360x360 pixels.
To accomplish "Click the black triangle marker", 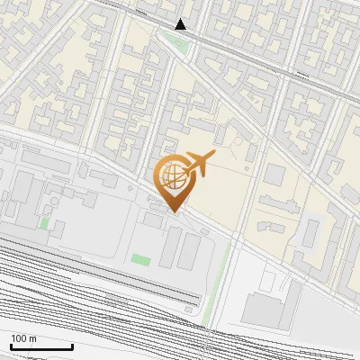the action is pyautogui.click(x=181, y=24).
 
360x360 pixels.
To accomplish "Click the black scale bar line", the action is pyautogui.click(x=41, y=346).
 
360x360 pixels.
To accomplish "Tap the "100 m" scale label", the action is pyautogui.click(x=24, y=338).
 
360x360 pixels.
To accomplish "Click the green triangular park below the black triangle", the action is pyautogui.click(x=176, y=40).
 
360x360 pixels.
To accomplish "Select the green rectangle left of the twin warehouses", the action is pyautogui.click(x=140, y=259).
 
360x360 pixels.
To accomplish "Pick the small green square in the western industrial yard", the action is pyautogui.click(x=44, y=222).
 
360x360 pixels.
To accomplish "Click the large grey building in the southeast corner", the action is pyautogui.click(x=266, y=309).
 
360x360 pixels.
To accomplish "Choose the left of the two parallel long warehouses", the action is pyautogui.click(x=170, y=247).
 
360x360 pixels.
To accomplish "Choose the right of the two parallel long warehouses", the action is pyautogui.click(x=189, y=251).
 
